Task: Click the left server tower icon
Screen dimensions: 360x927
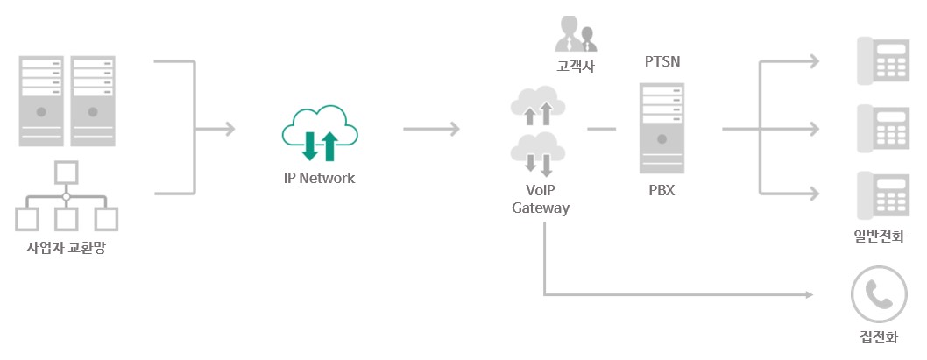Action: click(40, 100)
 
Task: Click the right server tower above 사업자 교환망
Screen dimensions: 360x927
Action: click(94, 100)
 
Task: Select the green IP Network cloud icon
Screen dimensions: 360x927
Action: click(319, 136)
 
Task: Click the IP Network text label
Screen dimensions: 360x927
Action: click(319, 178)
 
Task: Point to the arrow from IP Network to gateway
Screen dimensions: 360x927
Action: click(431, 130)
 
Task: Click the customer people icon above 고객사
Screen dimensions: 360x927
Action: click(575, 34)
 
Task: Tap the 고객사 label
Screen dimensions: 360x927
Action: click(575, 66)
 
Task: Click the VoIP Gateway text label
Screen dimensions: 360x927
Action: click(541, 199)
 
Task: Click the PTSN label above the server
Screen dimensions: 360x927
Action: click(662, 62)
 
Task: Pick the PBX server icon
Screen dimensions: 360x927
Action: click(662, 127)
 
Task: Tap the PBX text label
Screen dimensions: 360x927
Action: click(662, 190)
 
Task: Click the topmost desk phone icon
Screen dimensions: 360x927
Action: click(881, 61)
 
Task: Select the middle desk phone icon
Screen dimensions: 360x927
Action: click(881, 129)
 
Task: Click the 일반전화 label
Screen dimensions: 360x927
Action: click(879, 236)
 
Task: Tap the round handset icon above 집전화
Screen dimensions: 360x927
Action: click(878, 294)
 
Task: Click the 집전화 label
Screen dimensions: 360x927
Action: click(878, 338)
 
